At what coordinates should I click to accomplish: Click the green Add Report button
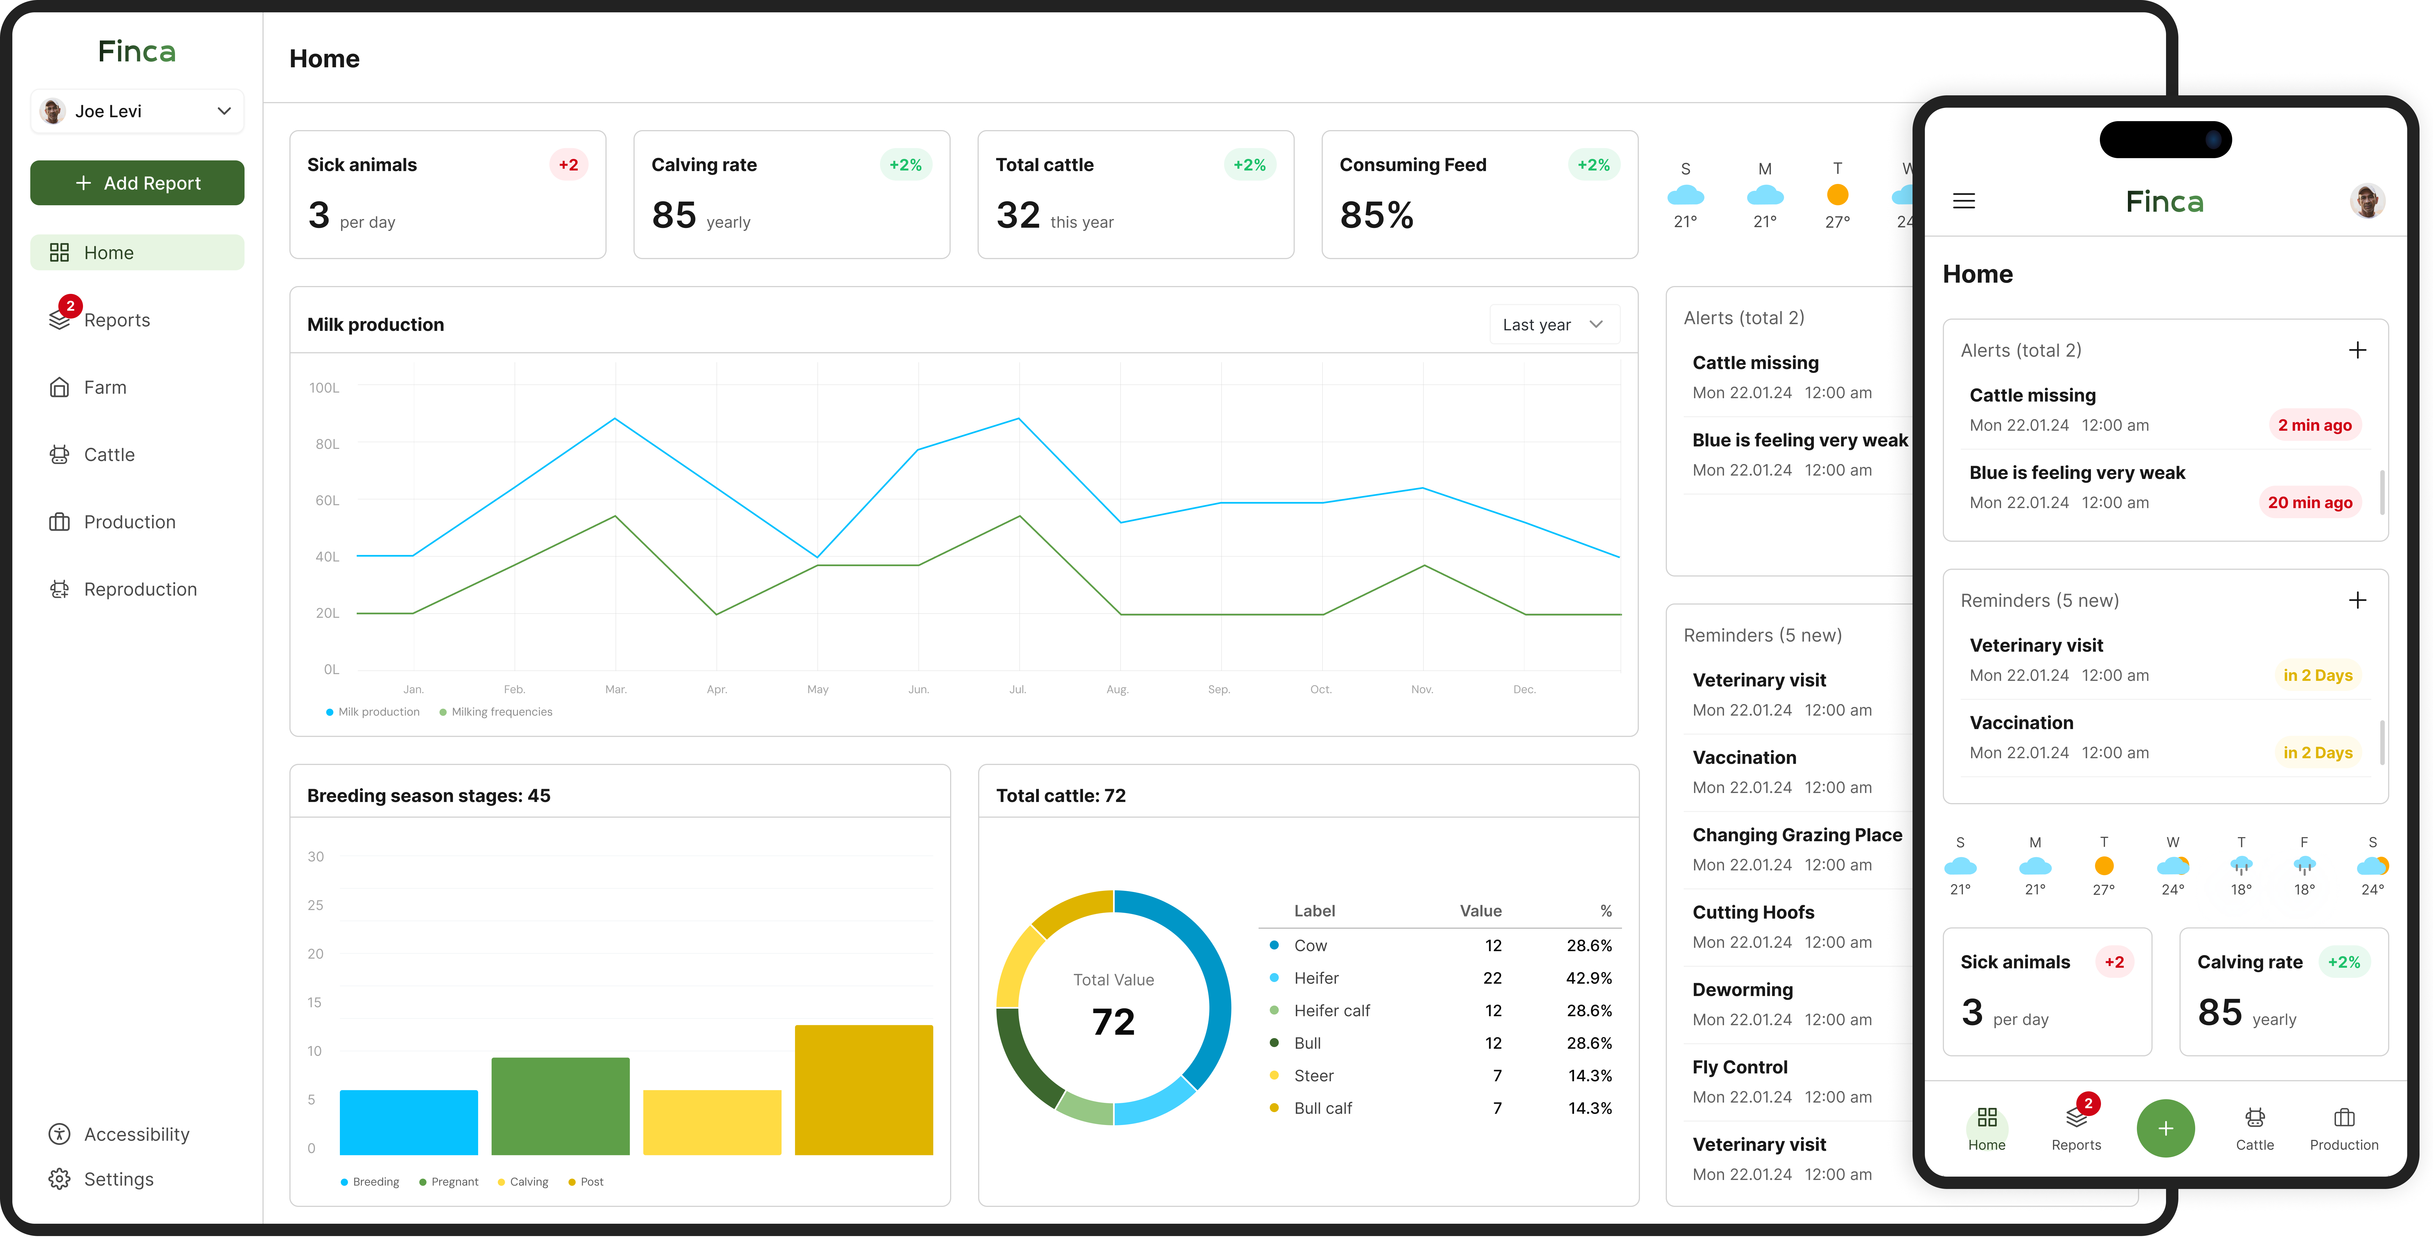click(137, 183)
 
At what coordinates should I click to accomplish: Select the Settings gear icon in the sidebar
click(59, 1179)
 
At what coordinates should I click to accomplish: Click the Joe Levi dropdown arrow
click(224, 111)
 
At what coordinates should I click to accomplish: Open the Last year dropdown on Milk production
click(1554, 325)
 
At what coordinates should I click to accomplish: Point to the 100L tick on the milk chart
click(324, 388)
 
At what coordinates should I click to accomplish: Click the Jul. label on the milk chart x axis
click(1017, 689)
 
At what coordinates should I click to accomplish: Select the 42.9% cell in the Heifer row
click(1589, 978)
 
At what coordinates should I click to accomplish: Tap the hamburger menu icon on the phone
click(1964, 201)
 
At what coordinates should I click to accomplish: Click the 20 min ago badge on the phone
click(2310, 502)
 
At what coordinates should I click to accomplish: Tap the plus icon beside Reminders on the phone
click(2358, 601)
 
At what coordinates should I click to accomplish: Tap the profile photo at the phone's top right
click(2367, 201)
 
